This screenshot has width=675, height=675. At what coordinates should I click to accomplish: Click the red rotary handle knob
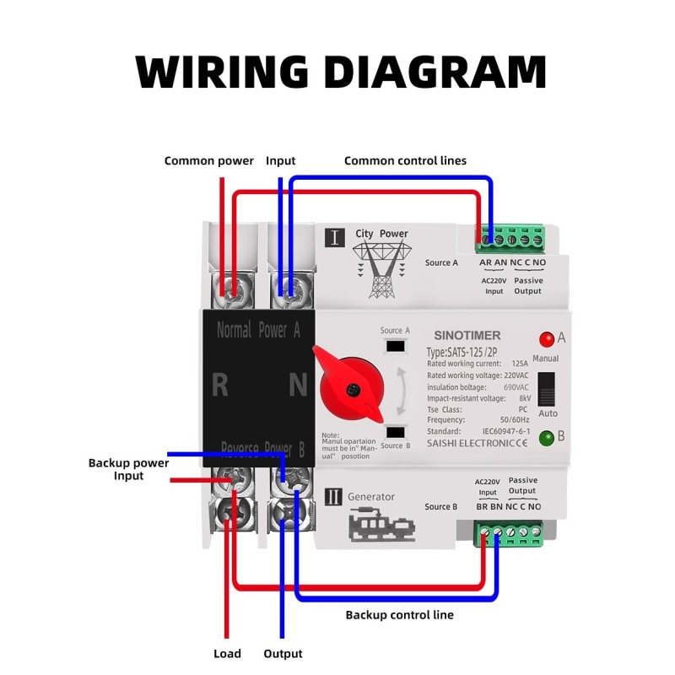click(x=350, y=385)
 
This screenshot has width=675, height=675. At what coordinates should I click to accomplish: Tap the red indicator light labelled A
click(x=547, y=339)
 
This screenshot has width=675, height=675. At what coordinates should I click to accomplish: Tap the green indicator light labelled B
click(x=547, y=437)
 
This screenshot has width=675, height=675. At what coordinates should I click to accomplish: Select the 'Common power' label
click(x=208, y=160)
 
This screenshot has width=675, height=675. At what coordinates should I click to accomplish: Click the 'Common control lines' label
click(x=405, y=160)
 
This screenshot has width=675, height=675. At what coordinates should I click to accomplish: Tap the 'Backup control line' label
click(x=399, y=614)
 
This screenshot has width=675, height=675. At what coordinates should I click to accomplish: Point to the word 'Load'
click(x=227, y=653)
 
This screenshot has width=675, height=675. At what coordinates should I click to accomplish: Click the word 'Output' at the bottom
click(x=283, y=653)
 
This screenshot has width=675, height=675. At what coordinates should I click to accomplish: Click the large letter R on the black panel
click(x=220, y=386)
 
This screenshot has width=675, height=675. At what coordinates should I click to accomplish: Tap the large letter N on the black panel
click(x=298, y=386)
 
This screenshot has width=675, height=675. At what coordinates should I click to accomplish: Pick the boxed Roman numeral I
click(x=334, y=236)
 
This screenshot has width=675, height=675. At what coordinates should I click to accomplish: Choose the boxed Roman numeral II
click(x=333, y=496)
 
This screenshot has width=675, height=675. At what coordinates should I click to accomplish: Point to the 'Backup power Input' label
click(x=128, y=469)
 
